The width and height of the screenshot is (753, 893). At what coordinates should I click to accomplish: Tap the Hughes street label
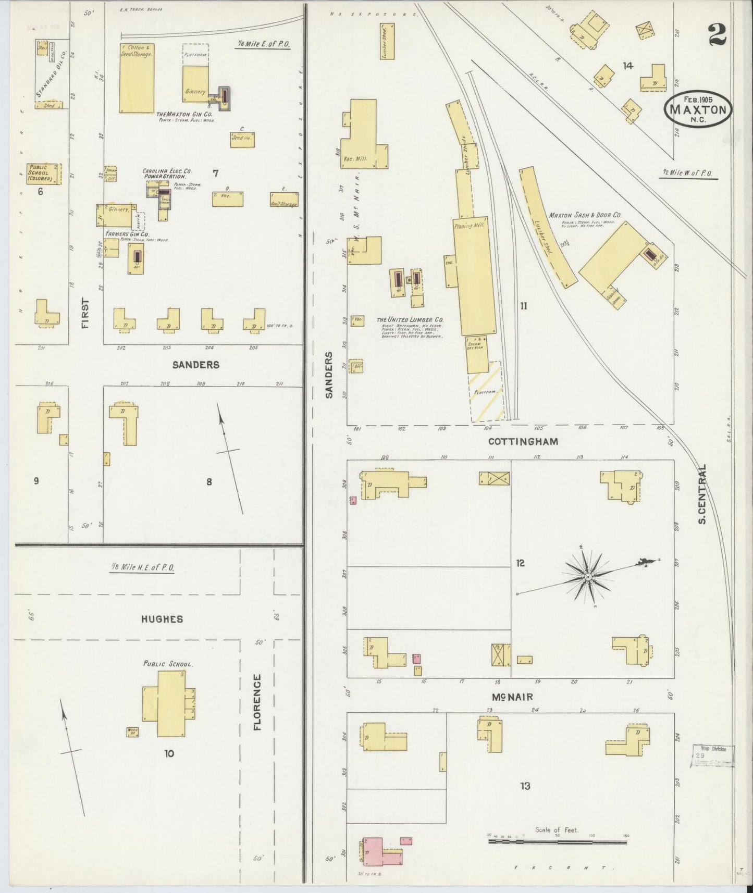click(x=162, y=619)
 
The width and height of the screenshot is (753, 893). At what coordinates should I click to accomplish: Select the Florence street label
click(x=257, y=702)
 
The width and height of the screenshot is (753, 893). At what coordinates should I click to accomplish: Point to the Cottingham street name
click(x=523, y=441)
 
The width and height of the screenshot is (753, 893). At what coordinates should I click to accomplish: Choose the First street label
click(x=85, y=313)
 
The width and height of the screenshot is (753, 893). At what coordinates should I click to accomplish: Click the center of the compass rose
click(x=587, y=577)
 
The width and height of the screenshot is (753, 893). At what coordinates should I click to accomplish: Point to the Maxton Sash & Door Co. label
click(x=585, y=215)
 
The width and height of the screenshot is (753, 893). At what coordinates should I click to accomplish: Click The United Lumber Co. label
click(x=410, y=319)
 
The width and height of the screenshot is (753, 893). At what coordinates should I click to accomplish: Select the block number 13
click(x=525, y=786)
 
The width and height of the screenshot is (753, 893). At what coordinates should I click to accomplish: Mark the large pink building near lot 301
click(x=372, y=851)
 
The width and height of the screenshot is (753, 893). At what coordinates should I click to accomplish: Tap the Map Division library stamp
click(x=712, y=755)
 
